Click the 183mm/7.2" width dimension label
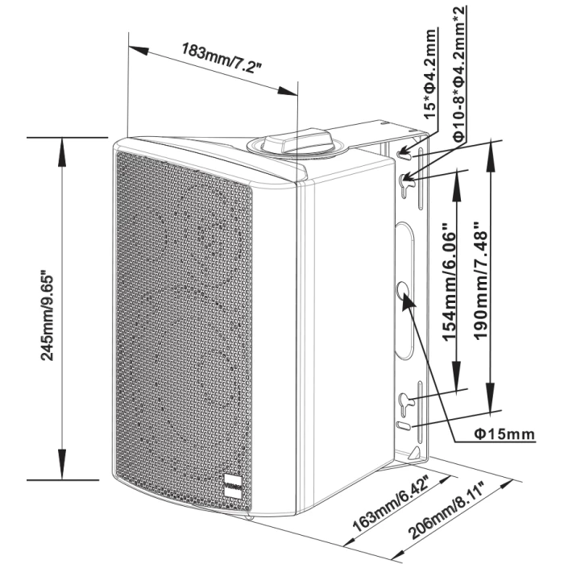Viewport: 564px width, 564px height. click(222, 58)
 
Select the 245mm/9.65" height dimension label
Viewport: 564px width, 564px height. click(47, 317)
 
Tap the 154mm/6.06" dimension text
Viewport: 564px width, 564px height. click(449, 283)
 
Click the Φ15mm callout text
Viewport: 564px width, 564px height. click(504, 434)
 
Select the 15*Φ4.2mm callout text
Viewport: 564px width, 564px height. click(429, 74)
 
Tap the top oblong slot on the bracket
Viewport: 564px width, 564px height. click(404, 155)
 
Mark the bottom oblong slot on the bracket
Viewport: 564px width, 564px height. click(403, 425)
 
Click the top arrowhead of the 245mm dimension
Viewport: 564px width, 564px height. click(62, 151)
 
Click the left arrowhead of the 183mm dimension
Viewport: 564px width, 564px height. click(139, 50)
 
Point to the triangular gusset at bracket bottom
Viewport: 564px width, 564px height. click(414, 453)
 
